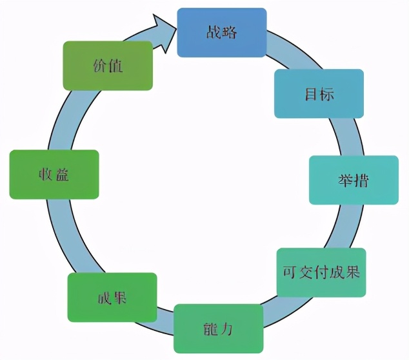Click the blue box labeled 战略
pos(221,32)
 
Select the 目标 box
pos(319,94)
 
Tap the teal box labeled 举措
pos(354,180)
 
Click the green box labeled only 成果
pos(112,297)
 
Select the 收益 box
pos(54,174)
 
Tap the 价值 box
pos(108,65)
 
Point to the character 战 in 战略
pos(214,32)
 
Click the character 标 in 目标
pos(326,94)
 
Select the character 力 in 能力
pos(226,329)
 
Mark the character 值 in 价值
pos(115,65)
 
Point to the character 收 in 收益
pos(46,174)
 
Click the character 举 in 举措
pos(346,180)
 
